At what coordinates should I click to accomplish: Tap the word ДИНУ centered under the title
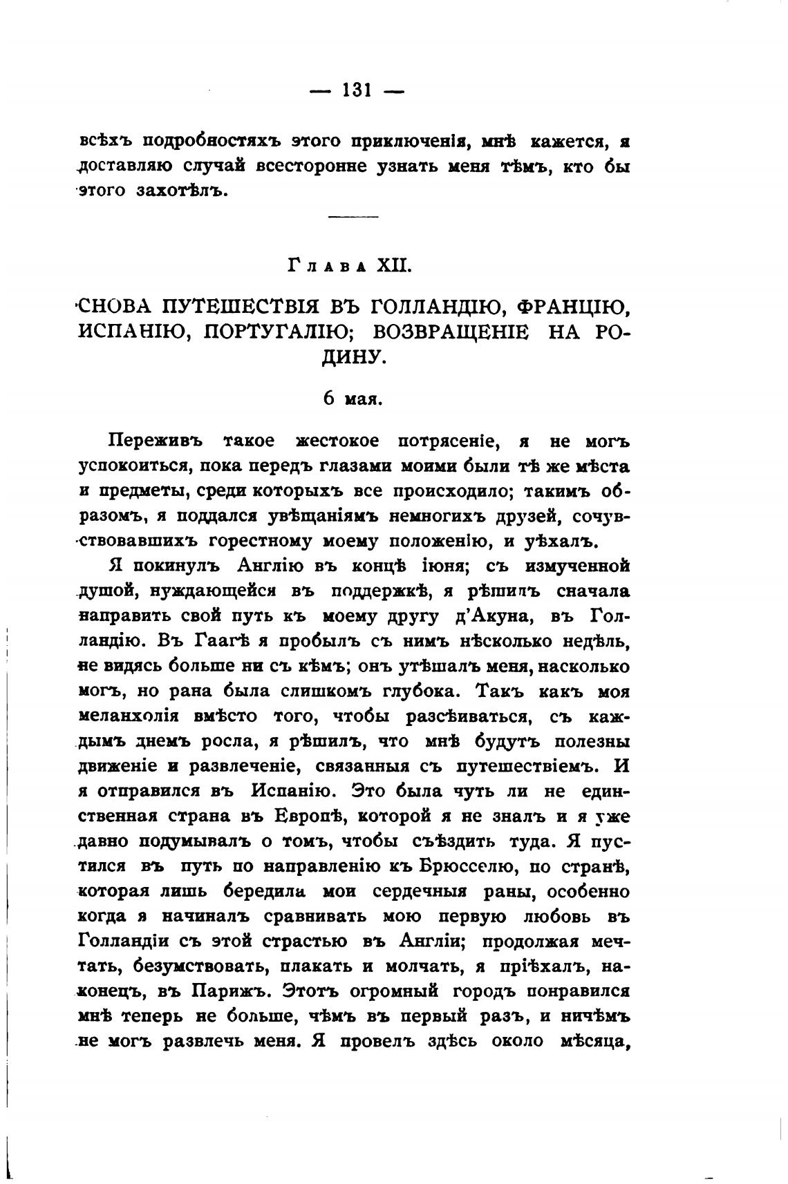coord(353,357)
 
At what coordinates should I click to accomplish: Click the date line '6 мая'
coord(353,399)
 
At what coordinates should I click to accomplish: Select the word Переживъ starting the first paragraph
coord(154,441)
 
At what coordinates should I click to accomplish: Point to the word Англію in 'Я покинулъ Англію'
coord(270,566)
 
